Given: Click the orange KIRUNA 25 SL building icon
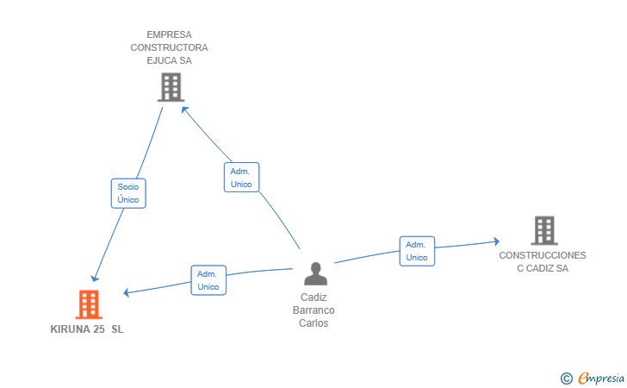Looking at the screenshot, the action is click(89, 304).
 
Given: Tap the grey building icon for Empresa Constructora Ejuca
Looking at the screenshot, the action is click(171, 87).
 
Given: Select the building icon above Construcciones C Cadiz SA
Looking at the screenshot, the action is click(544, 230).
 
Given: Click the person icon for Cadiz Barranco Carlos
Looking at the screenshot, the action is click(315, 273).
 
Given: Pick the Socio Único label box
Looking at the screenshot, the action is click(128, 193).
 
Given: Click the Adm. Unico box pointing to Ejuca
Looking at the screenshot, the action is click(241, 178).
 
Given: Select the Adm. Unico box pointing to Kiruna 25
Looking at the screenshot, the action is click(208, 280).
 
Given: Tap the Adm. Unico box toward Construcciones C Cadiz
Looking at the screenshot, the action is click(417, 251).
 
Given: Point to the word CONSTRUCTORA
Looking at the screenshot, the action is click(169, 47).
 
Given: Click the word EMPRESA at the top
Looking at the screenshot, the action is click(169, 34).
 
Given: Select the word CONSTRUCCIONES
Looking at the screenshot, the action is click(543, 255).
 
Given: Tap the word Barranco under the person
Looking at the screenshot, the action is click(313, 310).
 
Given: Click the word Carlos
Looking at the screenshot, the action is click(313, 323).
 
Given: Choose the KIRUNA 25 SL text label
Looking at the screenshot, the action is click(87, 329).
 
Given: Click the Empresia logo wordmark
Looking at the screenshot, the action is click(601, 378).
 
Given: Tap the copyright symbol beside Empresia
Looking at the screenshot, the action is click(566, 379).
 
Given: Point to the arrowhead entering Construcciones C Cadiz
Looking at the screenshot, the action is click(496, 241).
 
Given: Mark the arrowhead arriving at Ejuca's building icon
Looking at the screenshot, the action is click(184, 110).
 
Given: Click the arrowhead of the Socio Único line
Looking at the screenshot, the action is click(95, 278).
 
